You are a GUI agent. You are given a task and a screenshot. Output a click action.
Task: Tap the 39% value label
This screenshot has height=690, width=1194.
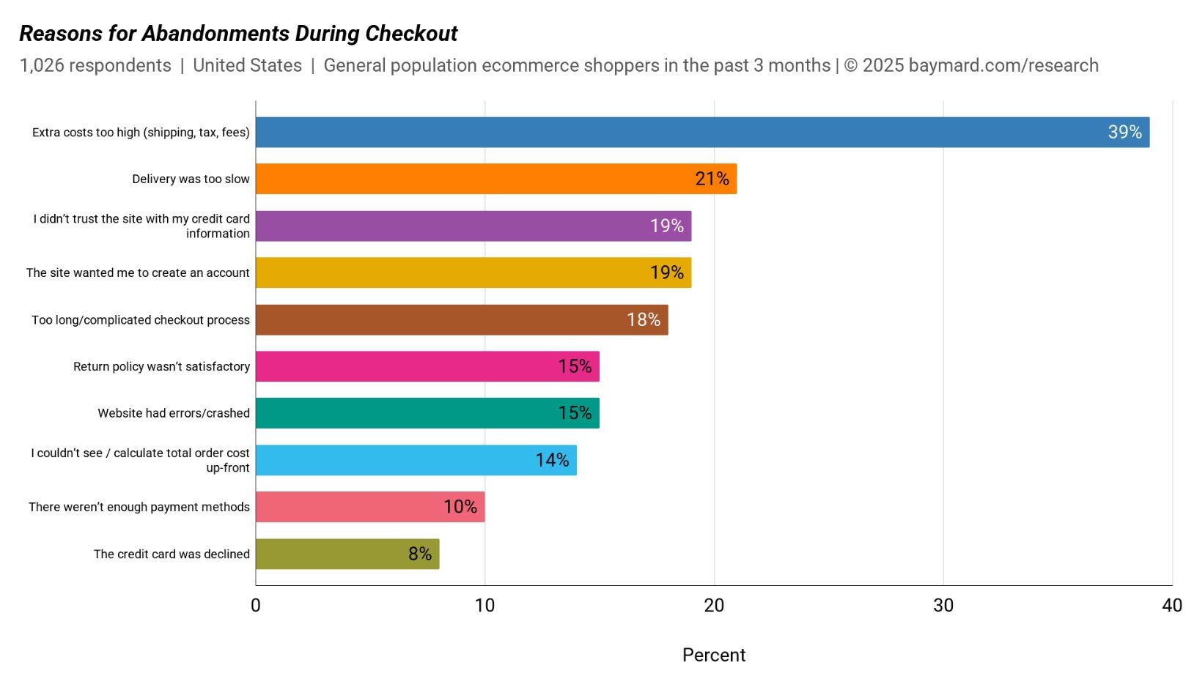point(1124,133)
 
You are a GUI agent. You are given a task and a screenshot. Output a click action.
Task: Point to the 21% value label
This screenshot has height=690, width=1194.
point(712,179)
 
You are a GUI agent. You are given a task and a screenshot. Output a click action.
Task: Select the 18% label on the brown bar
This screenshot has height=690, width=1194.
point(644,320)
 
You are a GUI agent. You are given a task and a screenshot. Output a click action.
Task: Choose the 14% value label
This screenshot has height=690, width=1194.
point(552,460)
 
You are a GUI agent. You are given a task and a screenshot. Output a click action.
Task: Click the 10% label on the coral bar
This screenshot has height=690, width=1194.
point(460,507)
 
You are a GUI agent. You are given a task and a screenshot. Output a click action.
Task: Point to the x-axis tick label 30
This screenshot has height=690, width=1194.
point(943,606)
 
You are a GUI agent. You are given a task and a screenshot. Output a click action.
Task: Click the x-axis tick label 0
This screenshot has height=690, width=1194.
point(256,606)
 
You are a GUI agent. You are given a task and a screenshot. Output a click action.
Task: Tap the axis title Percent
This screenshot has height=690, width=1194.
point(713,655)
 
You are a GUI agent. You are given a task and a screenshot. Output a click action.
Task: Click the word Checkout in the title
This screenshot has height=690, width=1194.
point(411,34)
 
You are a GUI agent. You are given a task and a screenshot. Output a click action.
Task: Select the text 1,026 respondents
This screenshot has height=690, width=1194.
point(95,65)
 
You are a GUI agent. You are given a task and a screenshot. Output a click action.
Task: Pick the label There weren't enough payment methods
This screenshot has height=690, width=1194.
point(139,507)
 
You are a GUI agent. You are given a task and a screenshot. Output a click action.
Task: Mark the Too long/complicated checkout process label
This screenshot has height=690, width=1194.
point(141,320)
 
